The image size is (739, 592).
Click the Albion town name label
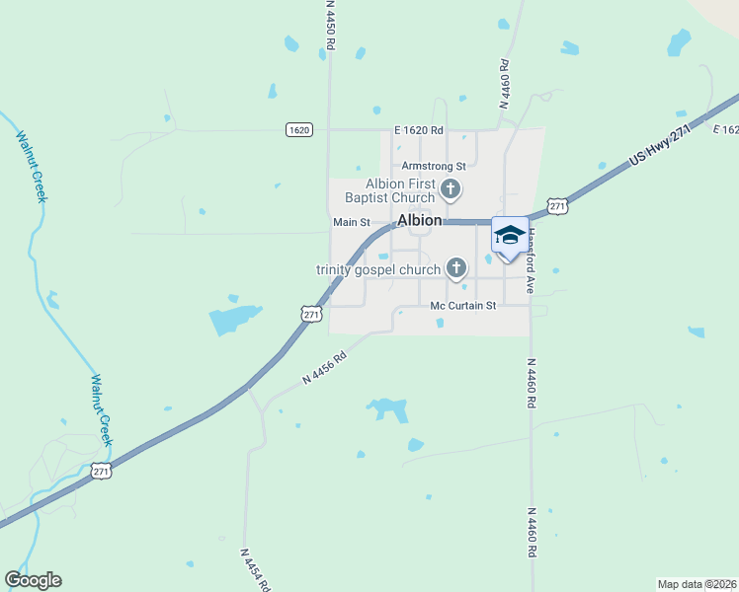[420, 220]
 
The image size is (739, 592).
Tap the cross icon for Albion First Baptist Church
[450, 189]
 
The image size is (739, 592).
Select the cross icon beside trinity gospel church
[456, 266]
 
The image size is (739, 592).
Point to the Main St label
[351, 222]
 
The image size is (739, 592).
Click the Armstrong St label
[433, 166]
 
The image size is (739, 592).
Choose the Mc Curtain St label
[462, 305]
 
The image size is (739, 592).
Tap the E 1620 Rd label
[419, 130]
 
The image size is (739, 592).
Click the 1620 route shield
[300, 130]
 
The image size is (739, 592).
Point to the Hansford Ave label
[531, 260]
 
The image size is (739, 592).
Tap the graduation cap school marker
[510, 236]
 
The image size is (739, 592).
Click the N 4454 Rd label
[255, 570]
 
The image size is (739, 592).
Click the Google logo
[33, 580]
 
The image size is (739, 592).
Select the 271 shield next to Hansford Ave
[558, 206]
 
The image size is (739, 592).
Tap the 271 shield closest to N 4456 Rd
[311, 314]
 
